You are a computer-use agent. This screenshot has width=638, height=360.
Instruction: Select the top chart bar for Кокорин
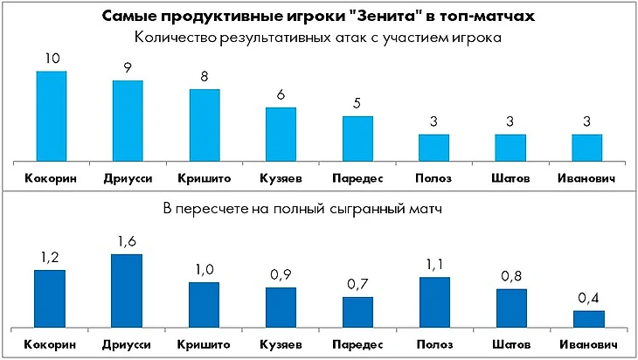(x=51, y=115)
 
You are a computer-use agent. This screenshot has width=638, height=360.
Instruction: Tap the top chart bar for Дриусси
(x=128, y=121)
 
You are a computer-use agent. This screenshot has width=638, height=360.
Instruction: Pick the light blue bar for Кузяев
(x=281, y=134)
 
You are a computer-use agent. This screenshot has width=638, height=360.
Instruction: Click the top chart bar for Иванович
(x=587, y=147)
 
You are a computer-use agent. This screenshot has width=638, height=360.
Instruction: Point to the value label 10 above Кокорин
(x=51, y=59)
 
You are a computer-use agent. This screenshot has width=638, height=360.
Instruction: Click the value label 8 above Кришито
(x=205, y=77)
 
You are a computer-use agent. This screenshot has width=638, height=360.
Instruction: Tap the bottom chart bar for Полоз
(x=434, y=301)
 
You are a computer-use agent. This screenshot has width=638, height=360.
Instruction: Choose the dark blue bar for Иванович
(x=587, y=317)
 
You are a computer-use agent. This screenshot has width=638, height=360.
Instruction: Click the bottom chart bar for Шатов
(x=511, y=306)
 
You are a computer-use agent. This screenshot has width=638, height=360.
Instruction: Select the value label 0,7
(x=357, y=285)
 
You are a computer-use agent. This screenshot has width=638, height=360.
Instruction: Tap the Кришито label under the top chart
(x=205, y=178)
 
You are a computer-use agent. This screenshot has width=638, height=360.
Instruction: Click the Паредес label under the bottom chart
(x=357, y=344)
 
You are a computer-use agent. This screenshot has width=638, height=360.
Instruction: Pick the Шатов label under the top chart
(x=511, y=178)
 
